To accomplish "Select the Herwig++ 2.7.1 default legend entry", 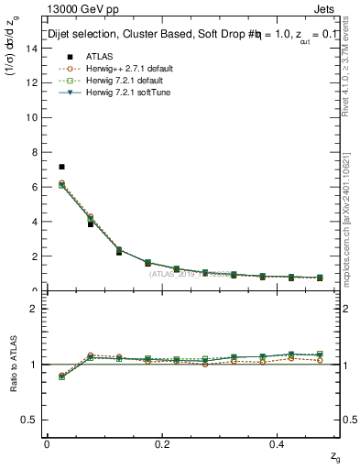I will (x=120, y=68).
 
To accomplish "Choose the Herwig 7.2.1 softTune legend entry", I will (x=117, y=92).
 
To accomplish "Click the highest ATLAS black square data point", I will (x=61, y=167).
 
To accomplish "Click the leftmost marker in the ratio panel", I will (x=61, y=376).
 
